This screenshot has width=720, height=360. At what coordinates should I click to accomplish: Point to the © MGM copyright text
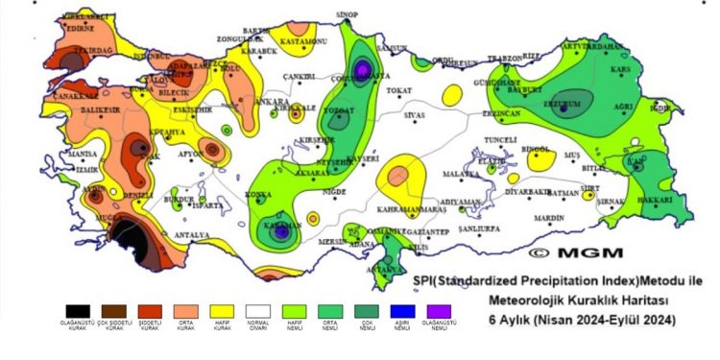pyautogui.click(x=567, y=252)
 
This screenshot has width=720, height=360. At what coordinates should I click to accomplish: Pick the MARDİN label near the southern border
pyautogui.click(x=549, y=218)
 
